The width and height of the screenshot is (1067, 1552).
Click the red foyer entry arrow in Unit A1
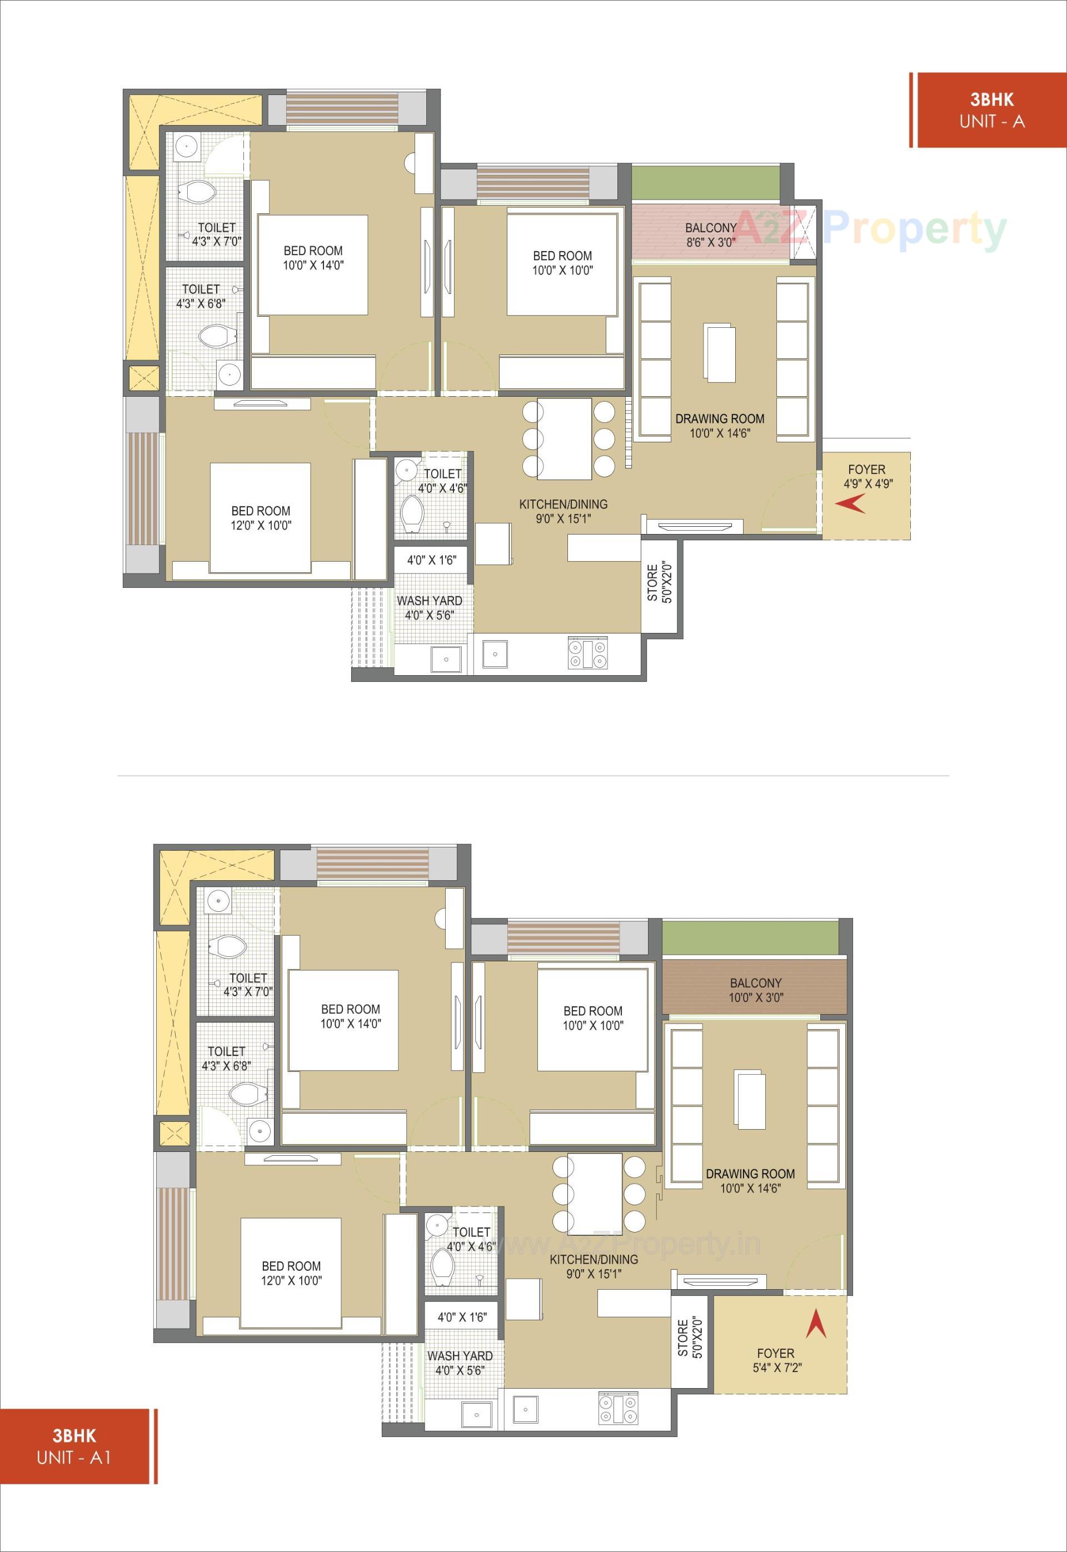[x=816, y=1324]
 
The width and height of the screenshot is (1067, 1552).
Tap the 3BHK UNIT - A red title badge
[x=991, y=110]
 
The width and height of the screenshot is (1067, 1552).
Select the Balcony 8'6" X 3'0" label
[x=710, y=235]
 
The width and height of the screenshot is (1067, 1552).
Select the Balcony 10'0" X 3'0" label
[x=755, y=990]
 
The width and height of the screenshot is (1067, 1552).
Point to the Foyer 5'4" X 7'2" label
[x=775, y=1360]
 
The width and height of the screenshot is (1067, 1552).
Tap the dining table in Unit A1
[x=594, y=1193]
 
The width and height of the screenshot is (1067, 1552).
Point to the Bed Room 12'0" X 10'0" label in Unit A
[x=261, y=518]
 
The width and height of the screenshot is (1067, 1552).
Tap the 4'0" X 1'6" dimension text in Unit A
[x=431, y=560]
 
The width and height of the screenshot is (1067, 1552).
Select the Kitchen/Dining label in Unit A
[x=563, y=511]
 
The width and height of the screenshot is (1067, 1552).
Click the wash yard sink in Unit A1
[x=476, y=1411]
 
